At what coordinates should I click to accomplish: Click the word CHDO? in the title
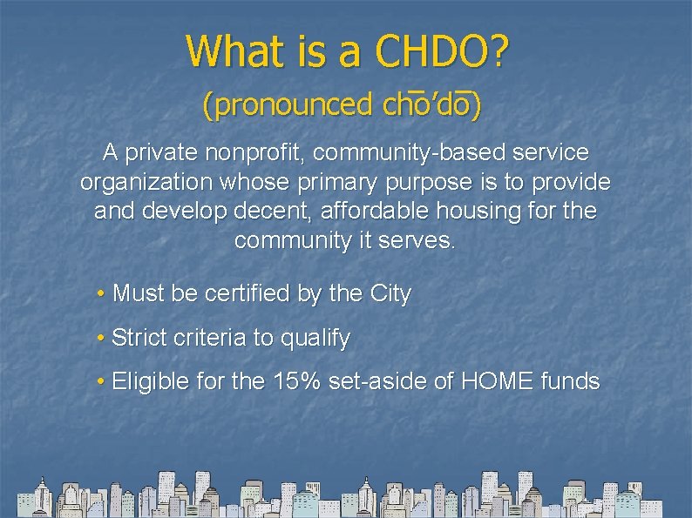coord(441,51)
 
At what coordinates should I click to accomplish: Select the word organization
coord(146,183)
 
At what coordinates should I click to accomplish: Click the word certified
coord(248,294)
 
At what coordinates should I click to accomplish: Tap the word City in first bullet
coord(390,294)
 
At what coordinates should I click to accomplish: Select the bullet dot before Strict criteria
coord(103,338)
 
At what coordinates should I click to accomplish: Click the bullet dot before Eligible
coord(103,381)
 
